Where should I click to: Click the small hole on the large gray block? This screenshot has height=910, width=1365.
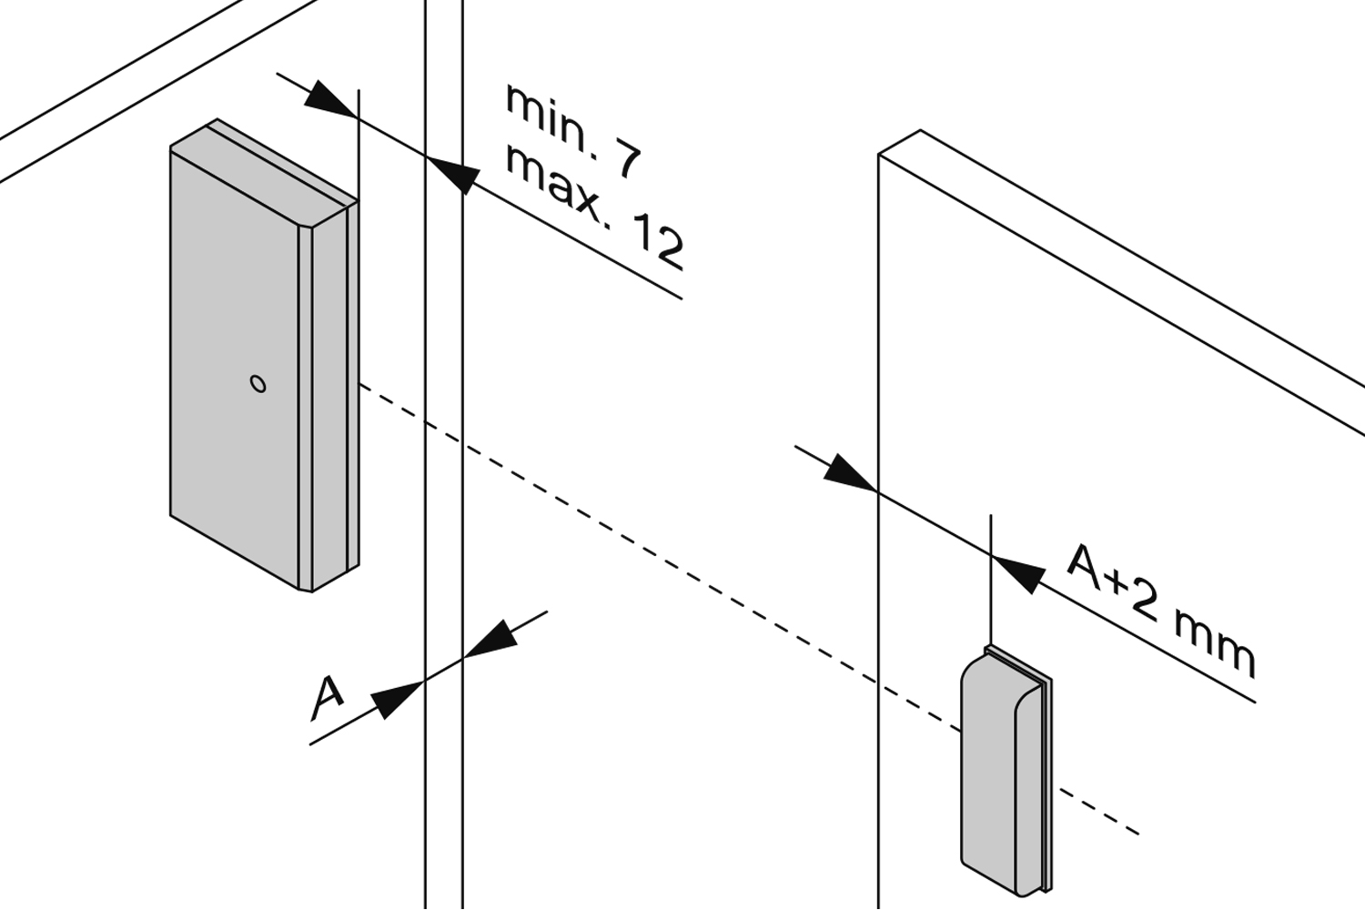[258, 384]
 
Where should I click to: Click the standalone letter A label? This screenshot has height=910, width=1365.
[327, 695]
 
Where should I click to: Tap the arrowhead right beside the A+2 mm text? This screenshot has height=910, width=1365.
[1019, 572]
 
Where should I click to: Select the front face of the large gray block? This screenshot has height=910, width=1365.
[235, 364]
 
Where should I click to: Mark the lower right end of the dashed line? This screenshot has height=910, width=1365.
[1137, 832]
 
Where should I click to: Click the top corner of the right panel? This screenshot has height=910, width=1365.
[920, 131]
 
